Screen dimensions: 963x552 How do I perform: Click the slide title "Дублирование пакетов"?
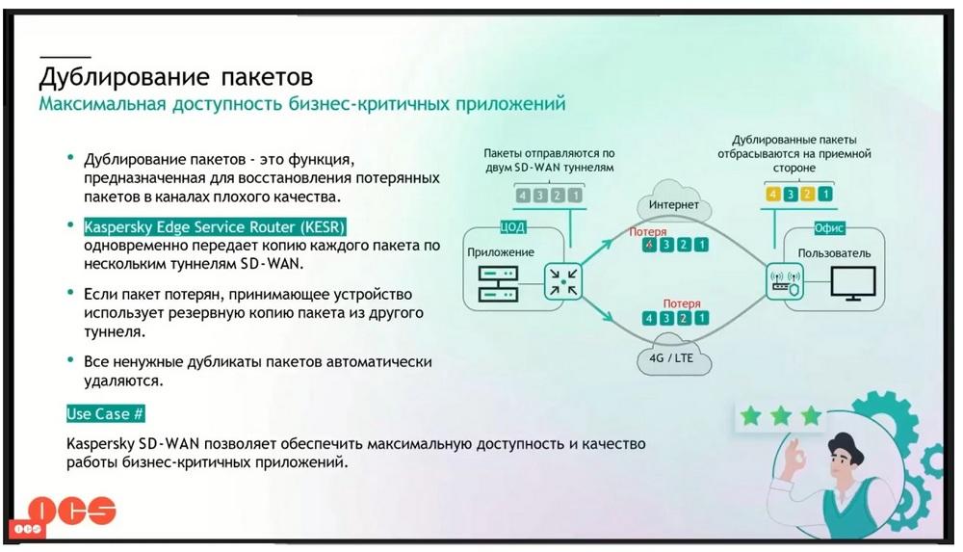(x=176, y=77)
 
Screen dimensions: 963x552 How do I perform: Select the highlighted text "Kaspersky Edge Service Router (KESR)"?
(x=215, y=226)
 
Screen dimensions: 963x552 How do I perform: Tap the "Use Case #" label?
(x=105, y=413)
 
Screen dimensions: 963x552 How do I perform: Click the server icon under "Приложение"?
(x=498, y=283)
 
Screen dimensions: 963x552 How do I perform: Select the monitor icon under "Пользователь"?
(x=853, y=283)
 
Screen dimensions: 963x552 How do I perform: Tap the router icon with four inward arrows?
(x=562, y=281)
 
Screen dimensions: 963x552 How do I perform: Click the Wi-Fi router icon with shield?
(x=785, y=281)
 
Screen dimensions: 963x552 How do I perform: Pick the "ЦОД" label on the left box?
(x=513, y=226)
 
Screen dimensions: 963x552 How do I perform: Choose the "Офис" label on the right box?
(x=829, y=228)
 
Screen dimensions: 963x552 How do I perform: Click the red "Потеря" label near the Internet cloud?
(x=647, y=232)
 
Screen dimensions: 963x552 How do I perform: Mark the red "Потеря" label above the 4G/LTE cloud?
(x=682, y=303)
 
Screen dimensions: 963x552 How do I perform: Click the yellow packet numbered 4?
(x=772, y=195)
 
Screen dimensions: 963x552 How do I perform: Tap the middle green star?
(x=781, y=416)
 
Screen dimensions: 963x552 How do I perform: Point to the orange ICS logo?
(x=71, y=510)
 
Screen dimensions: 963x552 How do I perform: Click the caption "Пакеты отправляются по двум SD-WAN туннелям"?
(x=549, y=161)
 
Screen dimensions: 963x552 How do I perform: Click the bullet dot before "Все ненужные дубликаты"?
(x=71, y=359)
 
